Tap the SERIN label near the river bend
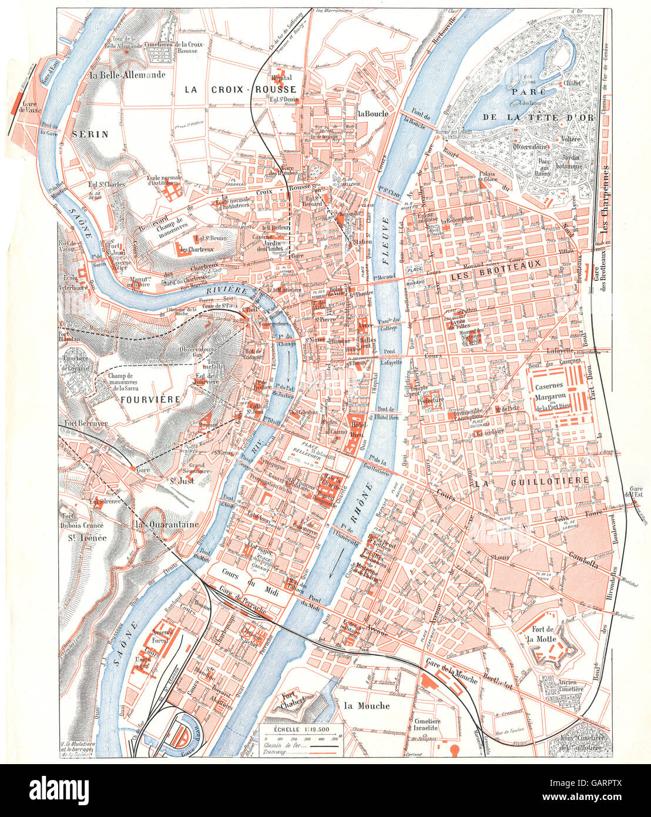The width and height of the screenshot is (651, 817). [x=90, y=133]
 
